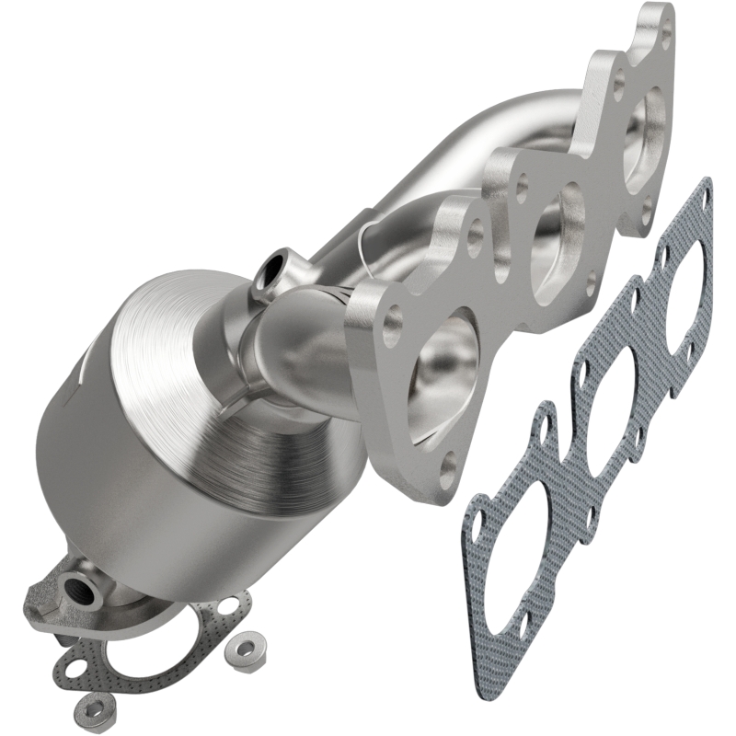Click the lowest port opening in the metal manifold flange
tap(440, 368)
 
